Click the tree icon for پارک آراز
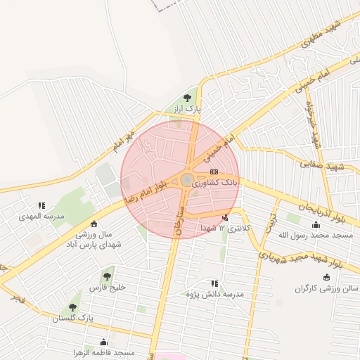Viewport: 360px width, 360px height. [x=187, y=98]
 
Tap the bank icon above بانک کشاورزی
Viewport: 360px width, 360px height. [x=214, y=171]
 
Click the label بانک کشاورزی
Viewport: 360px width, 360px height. [x=219, y=182]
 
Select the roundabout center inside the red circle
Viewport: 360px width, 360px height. [x=187, y=181]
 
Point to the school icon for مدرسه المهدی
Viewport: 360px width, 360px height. [x=41, y=205]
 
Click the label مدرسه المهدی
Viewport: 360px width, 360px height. [x=41, y=217]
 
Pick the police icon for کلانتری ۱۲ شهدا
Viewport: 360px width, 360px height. [x=225, y=217]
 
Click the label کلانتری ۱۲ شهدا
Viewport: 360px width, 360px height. [x=224, y=229]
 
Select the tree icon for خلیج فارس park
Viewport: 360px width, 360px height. [x=107, y=277]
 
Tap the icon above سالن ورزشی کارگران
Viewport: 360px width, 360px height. [x=326, y=277]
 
